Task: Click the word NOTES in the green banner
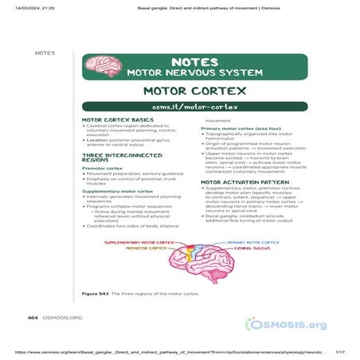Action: (194, 61)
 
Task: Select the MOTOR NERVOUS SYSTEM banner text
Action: (194, 72)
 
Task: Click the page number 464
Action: (33, 317)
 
